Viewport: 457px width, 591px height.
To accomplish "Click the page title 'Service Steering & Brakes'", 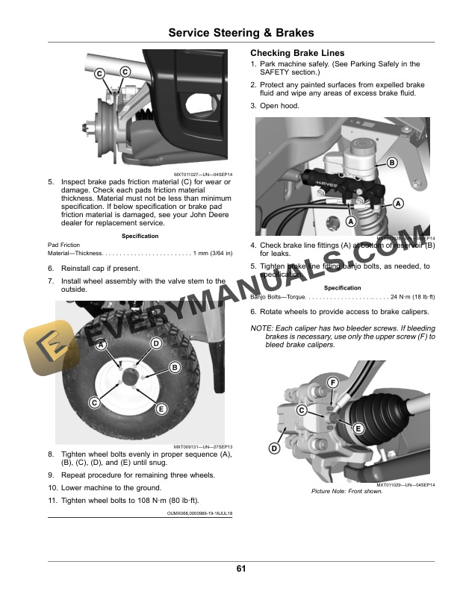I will (x=240, y=33).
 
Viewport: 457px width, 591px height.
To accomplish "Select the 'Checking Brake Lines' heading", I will (x=297, y=54).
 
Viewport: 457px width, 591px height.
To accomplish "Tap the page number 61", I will (x=240, y=569).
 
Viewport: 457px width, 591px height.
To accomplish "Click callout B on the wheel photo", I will (x=175, y=367).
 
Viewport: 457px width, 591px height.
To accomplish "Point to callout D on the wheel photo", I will (x=156, y=343).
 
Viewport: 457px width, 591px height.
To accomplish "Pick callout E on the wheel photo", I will (x=161, y=408).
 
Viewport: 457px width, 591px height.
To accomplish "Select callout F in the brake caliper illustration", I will (x=332, y=384).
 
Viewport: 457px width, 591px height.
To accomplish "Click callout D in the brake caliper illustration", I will (x=274, y=448).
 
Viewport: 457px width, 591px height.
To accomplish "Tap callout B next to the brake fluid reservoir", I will (x=391, y=163).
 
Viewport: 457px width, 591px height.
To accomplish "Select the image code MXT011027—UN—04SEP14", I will (x=203, y=174).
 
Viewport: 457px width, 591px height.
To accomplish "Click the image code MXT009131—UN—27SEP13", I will (x=203, y=446).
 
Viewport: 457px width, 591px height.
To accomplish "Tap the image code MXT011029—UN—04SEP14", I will (x=405, y=484).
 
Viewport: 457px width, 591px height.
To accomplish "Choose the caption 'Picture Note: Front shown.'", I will (x=347, y=491).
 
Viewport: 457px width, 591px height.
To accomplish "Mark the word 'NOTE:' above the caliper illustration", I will (x=261, y=329).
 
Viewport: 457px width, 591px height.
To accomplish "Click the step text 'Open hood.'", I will (x=279, y=106).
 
